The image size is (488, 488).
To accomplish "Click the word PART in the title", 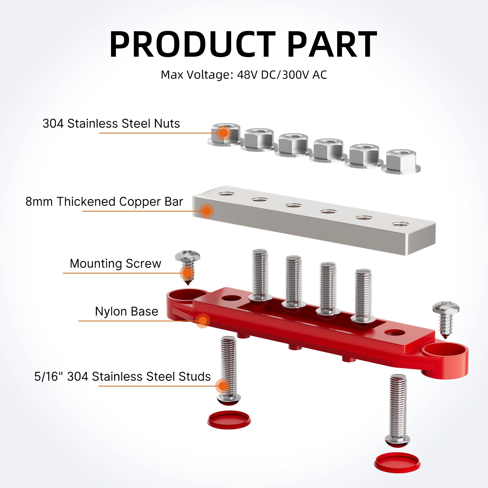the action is tap(332, 44).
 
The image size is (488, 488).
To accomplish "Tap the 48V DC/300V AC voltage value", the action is tap(282, 75).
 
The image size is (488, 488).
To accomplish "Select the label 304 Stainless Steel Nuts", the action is tap(111, 123).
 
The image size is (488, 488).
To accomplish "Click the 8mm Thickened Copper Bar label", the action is tap(104, 202).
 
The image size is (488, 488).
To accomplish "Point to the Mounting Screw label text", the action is tap(115, 264).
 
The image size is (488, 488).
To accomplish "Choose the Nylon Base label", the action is tap(127, 311).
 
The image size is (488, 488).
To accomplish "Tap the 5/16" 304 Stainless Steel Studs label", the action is tap(122, 376).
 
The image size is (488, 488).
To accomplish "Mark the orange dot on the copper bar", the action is tap(207, 211).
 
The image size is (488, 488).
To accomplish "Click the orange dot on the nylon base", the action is tap(203, 321).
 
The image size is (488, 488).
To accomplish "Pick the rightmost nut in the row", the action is tap(401, 161).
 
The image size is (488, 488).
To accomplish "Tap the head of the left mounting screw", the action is tap(187, 256).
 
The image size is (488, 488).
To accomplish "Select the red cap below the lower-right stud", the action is tap(397, 463).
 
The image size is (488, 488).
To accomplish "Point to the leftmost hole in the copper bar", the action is tap(226, 194).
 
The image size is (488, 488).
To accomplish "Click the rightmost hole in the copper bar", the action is tap(400, 224).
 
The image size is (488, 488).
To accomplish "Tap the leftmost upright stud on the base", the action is tap(260, 275).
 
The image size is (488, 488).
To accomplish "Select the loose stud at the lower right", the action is tap(397, 411).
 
